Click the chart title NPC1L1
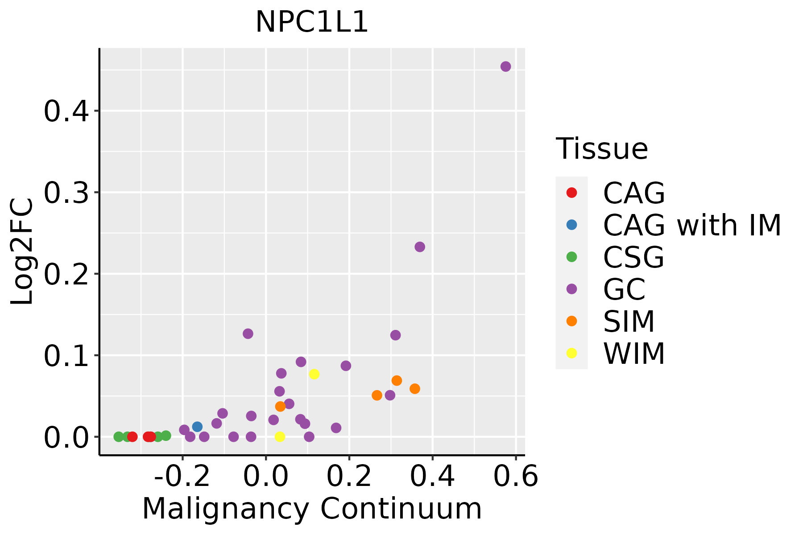[x=312, y=22]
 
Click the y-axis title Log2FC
[x=22, y=252]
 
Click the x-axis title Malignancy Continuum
[x=312, y=509]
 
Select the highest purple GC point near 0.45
[x=505, y=66]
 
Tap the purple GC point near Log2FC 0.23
[x=420, y=247]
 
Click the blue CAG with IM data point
[x=197, y=427]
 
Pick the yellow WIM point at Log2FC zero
[x=280, y=436]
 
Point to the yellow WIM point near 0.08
[x=314, y=374]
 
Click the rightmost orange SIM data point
[x=415, y=389]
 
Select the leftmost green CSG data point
[x=119, y=436]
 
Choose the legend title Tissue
[x=602, y=149]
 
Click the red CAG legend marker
[x=571, y=193]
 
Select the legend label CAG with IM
[x=692, y=225]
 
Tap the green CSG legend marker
[x=571, y=257]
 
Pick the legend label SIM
[x=629, y=321]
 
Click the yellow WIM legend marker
[x=571, y=353]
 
